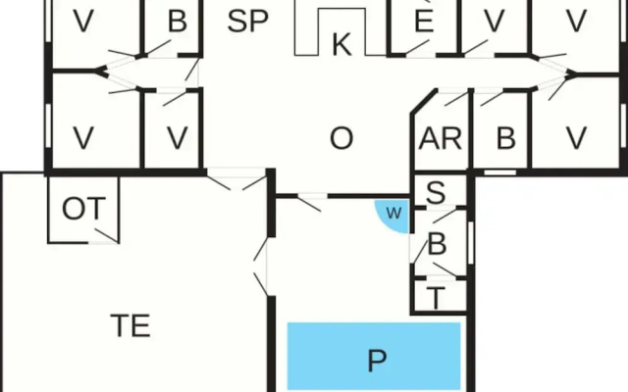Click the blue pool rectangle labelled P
pos(374,356)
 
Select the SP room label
pos(247,22)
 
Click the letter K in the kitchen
pos(341,45)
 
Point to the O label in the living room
pos(341,138)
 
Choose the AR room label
pos(441,138)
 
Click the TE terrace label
pos(131,325)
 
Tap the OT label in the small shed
pos(83,209)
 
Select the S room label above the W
pos(436,192)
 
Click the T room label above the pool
pos(436,298)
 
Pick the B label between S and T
pos(437,244)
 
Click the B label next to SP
pos(178,22)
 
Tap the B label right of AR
pos(506,138)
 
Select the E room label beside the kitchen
pos(424,20)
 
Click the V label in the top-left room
pos(83,22)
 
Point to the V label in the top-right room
pos(577,22)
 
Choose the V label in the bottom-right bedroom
pos(577,138)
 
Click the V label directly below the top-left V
pos(83,138)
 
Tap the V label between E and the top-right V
pos(495,22)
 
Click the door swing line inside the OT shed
pos(107,236)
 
